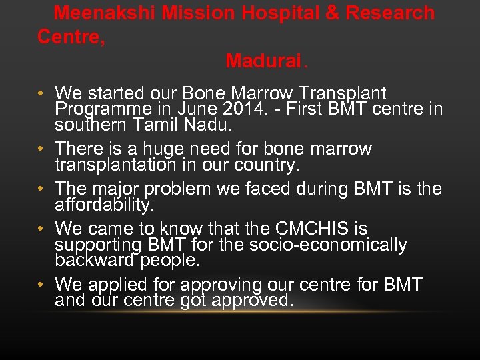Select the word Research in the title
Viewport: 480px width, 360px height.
coord(397,13)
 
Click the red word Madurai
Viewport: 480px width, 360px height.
coord(263,61)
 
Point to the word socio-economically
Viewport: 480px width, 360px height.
coord(328,245)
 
